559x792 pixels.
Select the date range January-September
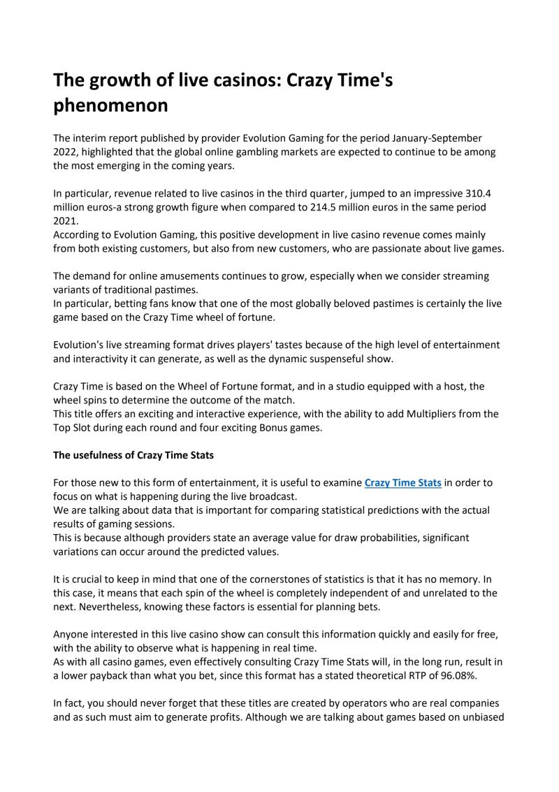429,138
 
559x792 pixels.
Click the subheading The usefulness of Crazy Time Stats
133,455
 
